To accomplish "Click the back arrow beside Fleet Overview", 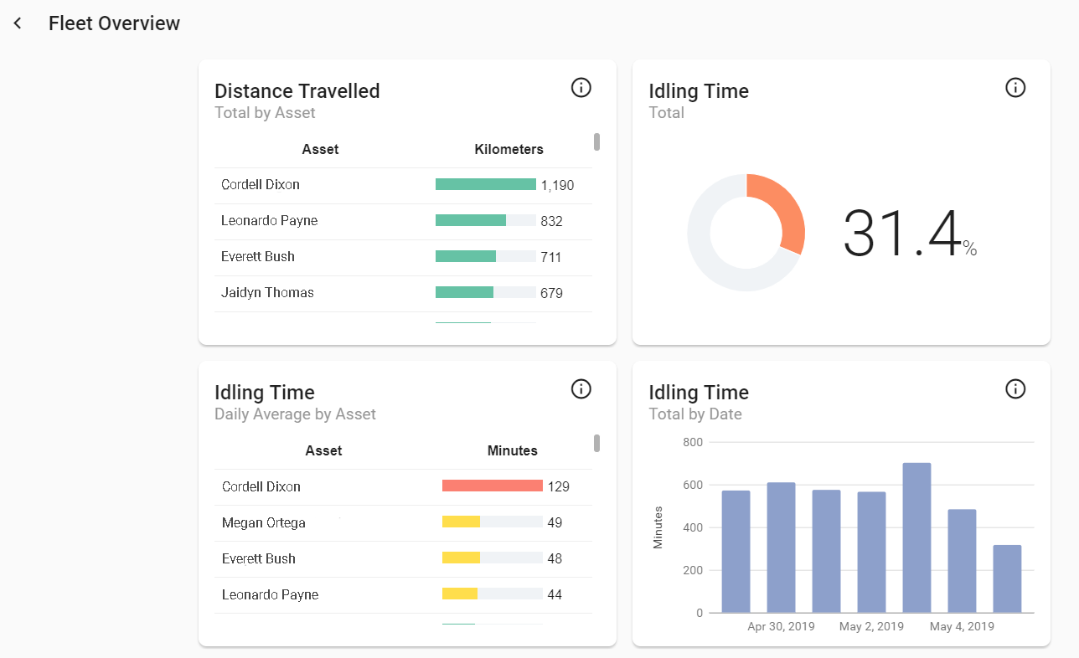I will (x=18, y=23).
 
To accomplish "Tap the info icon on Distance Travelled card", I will (x=581, y=87).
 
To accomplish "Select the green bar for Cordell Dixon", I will (x=485, y=184).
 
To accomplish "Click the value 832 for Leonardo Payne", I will (x=551, y=221).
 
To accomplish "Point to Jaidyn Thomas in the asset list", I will (x=267, y=293).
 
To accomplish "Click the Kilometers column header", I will (x=509, y=150).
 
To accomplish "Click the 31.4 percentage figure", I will (x=901, y=234).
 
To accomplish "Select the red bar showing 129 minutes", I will (x=492, y=486).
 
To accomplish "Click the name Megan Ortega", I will (x=263, y=522).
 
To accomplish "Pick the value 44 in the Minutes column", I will (x=554, y=595).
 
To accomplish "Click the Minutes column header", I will (x=512, y=450).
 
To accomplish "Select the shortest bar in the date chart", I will (x=1007, y=578).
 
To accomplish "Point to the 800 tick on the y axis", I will (x=693, y=442).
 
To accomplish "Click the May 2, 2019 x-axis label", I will (x=872, y=627).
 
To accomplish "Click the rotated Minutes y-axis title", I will (x=658, y=527).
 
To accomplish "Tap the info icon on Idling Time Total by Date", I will (x=1015, y=388).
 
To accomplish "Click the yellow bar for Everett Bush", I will (x=461, y=558).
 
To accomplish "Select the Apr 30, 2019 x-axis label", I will (x=781, y=627).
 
